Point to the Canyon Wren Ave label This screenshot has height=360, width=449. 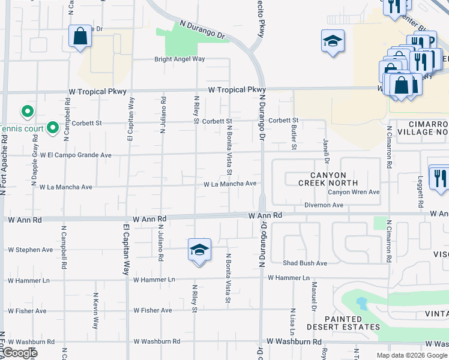[x=354, y=192]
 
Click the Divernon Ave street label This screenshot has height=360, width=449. [x=324, y=205]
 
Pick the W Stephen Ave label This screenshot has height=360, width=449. [x=30, y=250]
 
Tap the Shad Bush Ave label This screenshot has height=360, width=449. [x=306, y=263]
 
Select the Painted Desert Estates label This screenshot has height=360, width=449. [x=343, y=323]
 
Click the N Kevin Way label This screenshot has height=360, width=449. [x=95, y=311]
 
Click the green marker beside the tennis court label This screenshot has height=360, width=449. [x=53, y=127]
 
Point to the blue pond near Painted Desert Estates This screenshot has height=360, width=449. [x=361, y=302]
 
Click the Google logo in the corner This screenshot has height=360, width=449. [x=21, y=353]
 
